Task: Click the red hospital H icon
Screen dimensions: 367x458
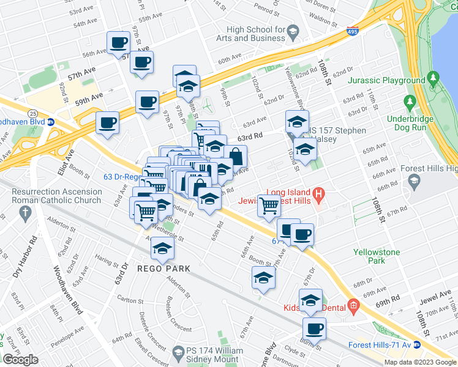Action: pos(318,196)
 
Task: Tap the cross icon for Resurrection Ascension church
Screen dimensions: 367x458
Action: pos(25,212)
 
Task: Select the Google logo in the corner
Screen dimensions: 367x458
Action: pos(21,360)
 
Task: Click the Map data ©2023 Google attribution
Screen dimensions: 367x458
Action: pos(420,361)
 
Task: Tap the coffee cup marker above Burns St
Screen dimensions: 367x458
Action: pos(315,327)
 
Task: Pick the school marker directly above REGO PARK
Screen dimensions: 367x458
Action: pos(162,248)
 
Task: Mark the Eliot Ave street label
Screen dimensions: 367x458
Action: pos(66,161)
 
